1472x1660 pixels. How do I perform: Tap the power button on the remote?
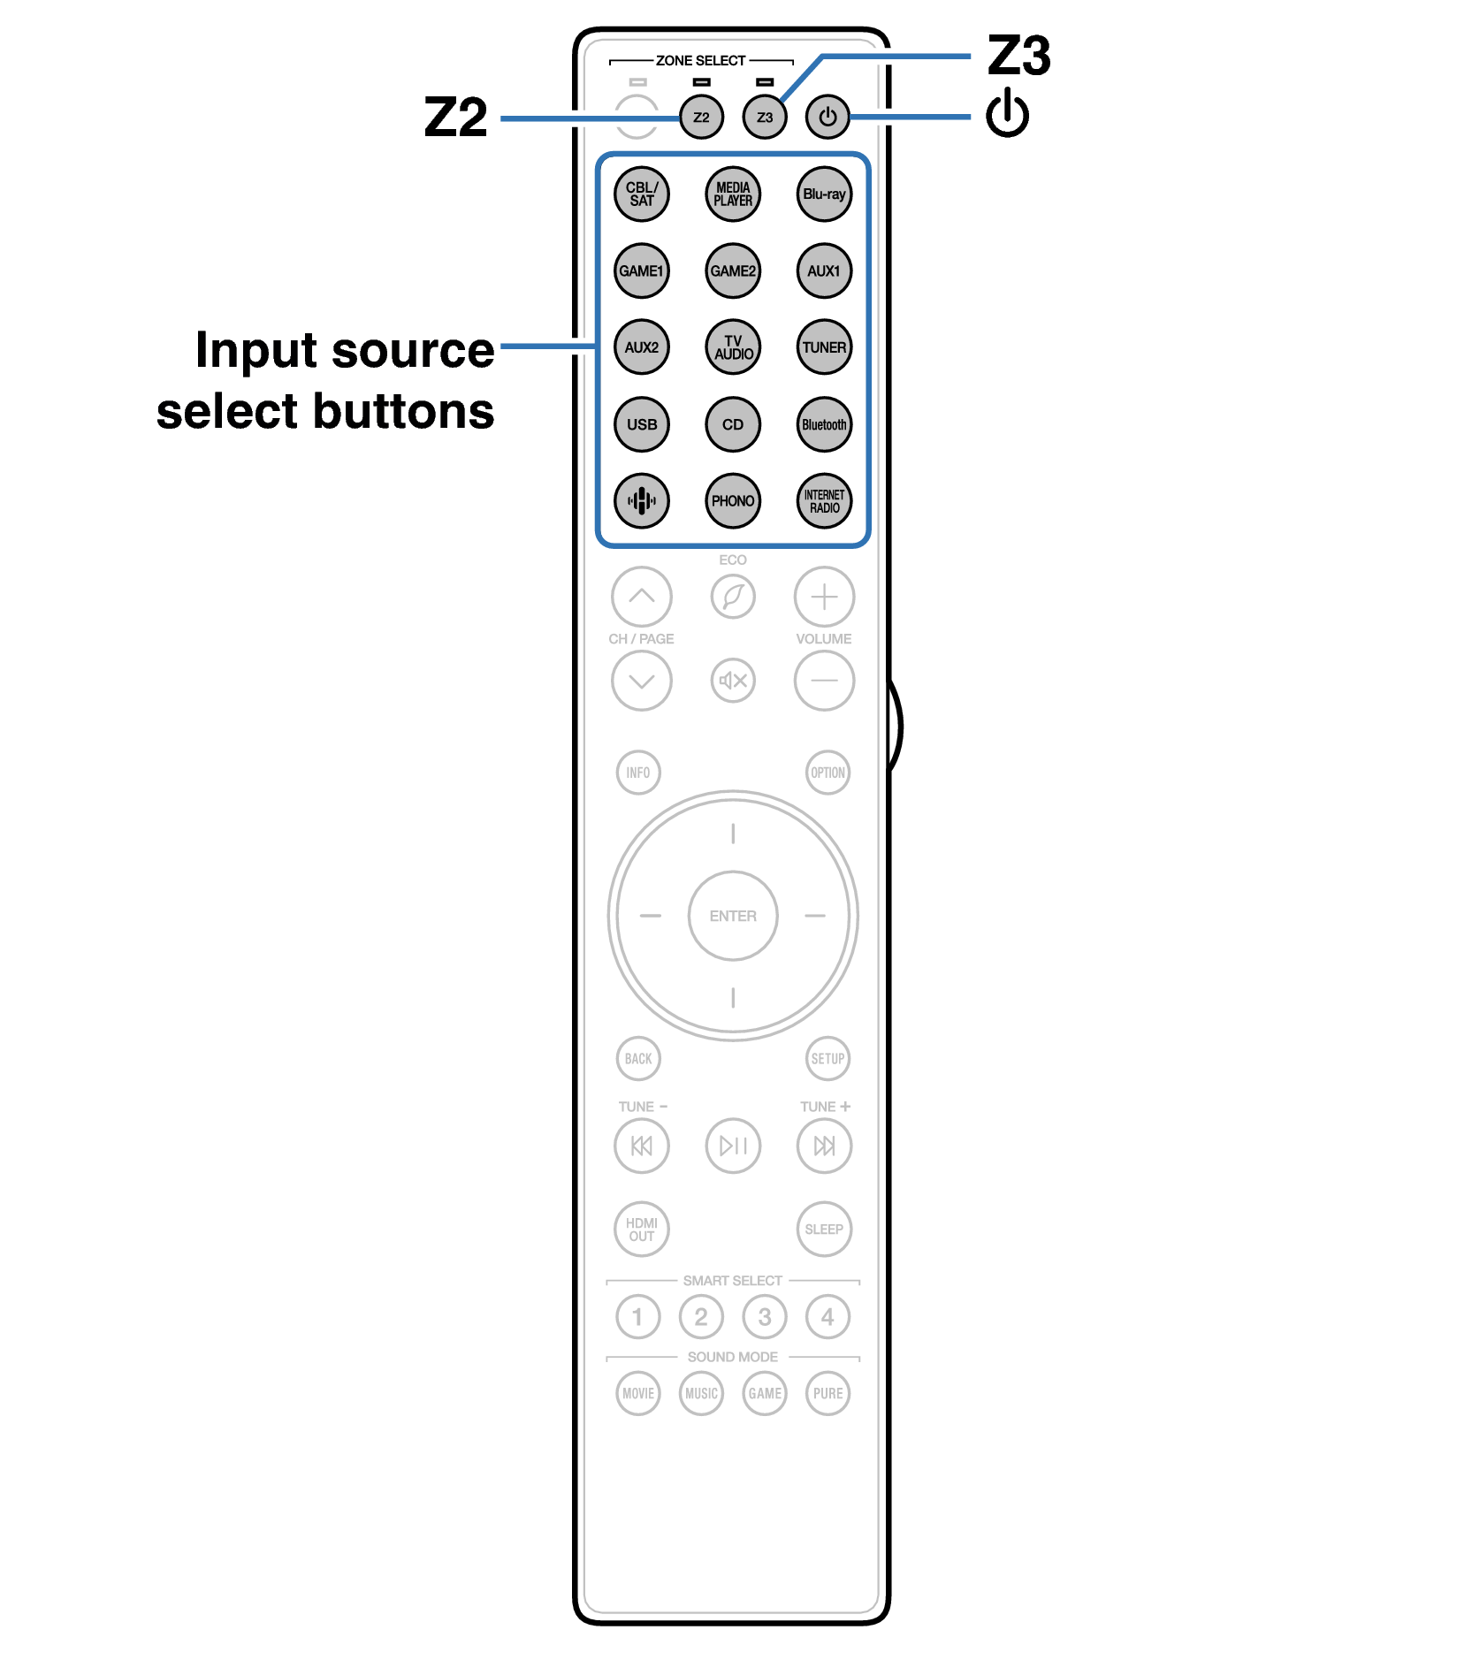tap(827, 117)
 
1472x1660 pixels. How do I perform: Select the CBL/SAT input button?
tap(642, 194)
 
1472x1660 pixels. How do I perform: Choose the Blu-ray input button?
tap(824, 194)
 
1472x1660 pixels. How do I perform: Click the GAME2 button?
tap(733, 270)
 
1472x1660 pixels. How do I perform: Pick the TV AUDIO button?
tap(733, 347)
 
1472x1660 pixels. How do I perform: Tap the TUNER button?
tap(824, 347)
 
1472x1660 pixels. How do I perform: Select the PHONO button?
tap(733, 501)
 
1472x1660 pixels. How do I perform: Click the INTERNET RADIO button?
tap(824, 501)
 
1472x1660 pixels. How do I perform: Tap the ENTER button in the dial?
tap(733, 916)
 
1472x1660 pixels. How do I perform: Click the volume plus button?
tap(824, 597)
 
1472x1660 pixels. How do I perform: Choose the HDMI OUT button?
tap(642, 1230)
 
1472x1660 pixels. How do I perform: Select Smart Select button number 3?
tap(765, 1317)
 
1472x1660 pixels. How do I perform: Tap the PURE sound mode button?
tap(828, 1394)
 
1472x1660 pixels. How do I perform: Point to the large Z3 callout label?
tap(1018, 56)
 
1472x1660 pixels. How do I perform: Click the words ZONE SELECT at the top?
tap(700, 61)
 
